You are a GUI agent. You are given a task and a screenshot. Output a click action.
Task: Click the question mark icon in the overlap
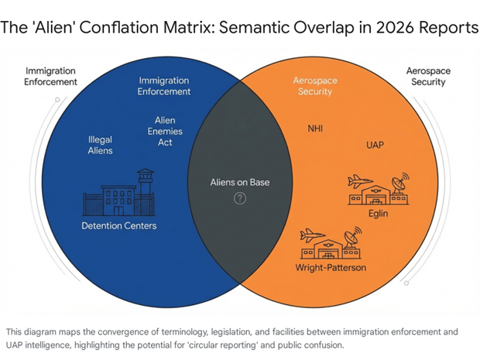click(240, 198)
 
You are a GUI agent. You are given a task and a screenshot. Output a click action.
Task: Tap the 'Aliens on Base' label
click(240, 183)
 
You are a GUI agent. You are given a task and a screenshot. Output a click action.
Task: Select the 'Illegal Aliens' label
click(101, 145)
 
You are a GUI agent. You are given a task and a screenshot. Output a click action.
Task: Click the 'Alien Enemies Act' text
click(165, 132)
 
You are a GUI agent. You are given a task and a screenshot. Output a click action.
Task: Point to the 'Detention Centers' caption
click(119, 225)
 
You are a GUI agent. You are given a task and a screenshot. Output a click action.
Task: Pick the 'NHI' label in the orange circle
click(317, 129)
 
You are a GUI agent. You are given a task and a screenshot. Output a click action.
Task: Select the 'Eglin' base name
click(378, 213)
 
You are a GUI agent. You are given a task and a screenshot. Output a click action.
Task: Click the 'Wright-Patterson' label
click(331, 268)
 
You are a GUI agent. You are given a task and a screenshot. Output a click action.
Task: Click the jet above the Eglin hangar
click(360, 180)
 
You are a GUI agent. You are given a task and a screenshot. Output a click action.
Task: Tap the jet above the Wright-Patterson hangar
click(311, 235)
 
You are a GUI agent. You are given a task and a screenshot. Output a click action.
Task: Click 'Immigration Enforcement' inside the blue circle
click(165, 86)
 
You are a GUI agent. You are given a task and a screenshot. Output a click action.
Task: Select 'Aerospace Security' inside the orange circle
click(313, 86)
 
